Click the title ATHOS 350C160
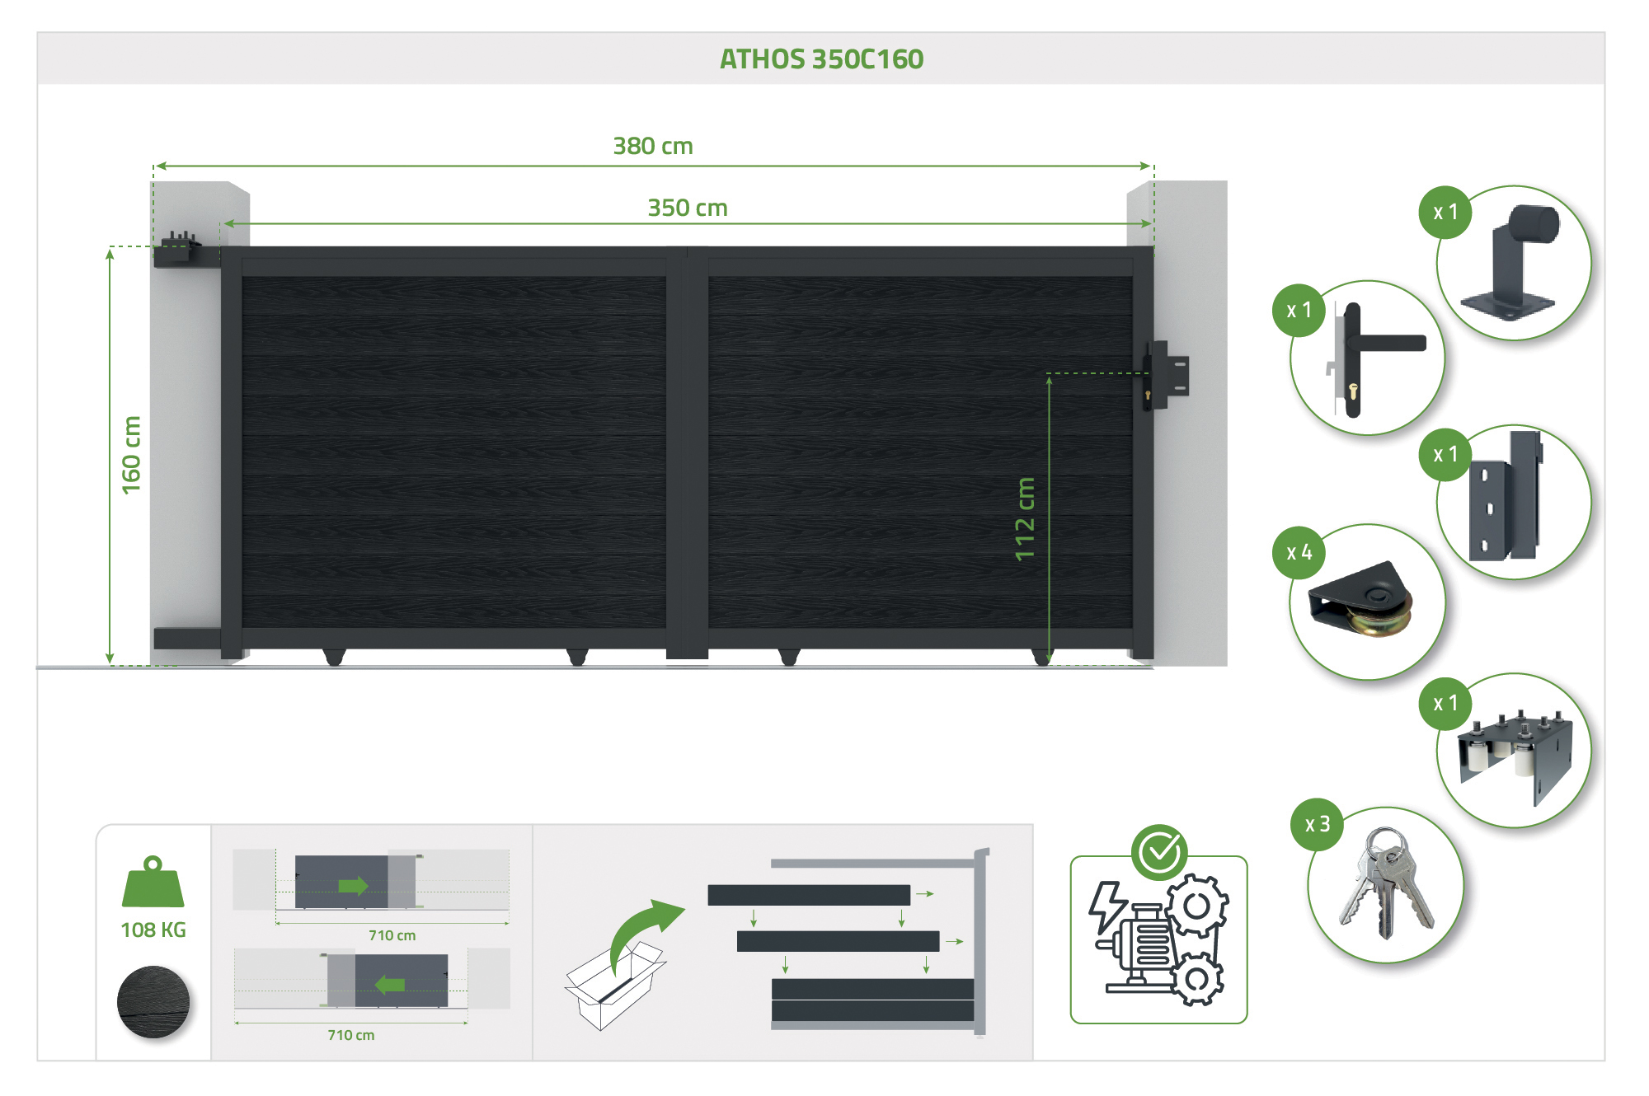821,59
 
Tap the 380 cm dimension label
653,146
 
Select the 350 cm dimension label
688,208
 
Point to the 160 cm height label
131,455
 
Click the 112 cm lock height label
1025,519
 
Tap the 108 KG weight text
153,930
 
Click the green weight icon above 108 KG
153,881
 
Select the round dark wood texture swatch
153,1001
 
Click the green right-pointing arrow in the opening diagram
353,886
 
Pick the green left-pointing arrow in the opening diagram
390,985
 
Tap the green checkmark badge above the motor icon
1159,852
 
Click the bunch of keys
1386,883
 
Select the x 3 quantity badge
1318,824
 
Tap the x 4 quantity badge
1299,552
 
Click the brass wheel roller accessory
1361,599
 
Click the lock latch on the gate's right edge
1165,376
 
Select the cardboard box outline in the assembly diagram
615,985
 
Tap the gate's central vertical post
688,452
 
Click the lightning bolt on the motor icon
1107,906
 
